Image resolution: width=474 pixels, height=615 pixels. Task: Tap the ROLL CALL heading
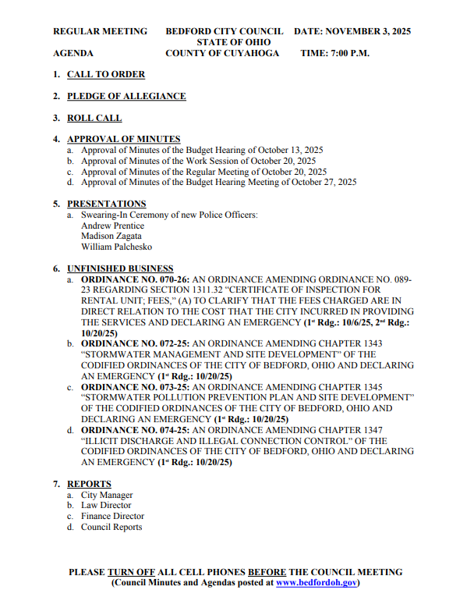[94, 119]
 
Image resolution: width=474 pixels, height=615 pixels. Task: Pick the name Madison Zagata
[112, 236]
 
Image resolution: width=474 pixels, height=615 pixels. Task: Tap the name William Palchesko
[117, 247]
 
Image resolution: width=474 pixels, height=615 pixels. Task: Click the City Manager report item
[107, 495]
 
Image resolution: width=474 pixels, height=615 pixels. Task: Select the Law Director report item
[106, 506]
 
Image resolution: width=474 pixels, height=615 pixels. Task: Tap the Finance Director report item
[112, 516]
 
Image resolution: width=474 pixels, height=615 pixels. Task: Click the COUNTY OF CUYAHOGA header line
[221, 54]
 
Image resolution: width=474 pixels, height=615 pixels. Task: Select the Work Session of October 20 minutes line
[199, 161]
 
